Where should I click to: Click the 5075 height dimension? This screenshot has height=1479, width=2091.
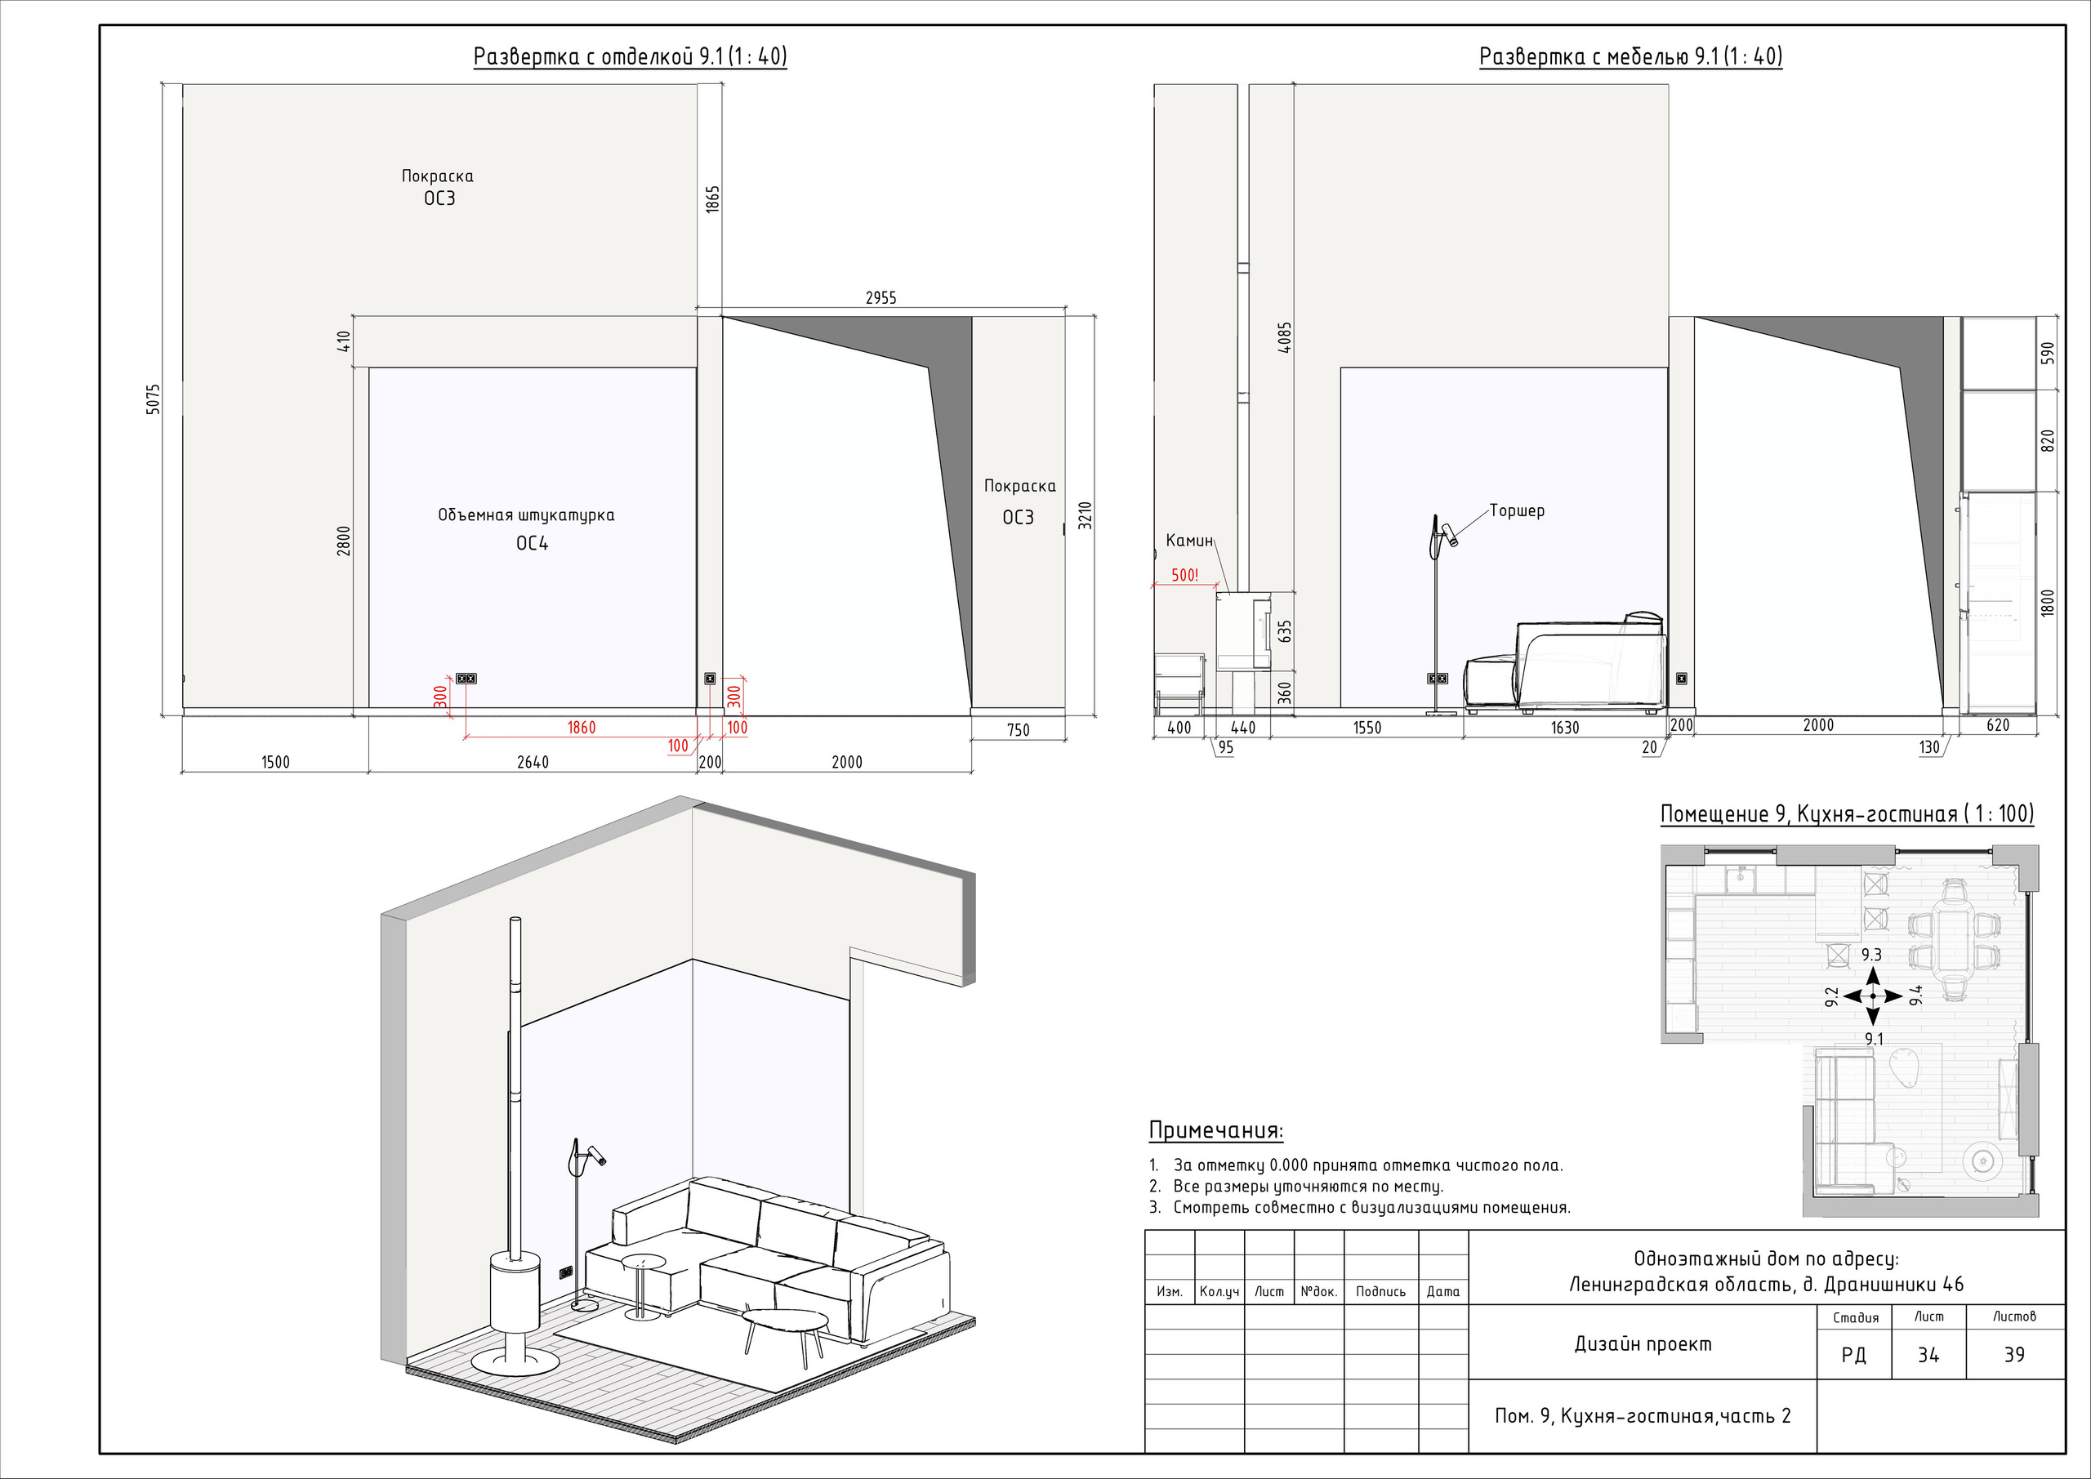click(153, 399)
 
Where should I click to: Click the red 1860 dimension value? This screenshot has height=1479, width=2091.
click(581, 727)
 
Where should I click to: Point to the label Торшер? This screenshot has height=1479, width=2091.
click(1518, 511)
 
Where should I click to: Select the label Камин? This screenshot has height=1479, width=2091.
click(1189, 541)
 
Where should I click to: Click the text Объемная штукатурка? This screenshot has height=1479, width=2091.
click(526, 515)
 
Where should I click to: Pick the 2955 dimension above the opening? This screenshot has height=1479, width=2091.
click(881, 298)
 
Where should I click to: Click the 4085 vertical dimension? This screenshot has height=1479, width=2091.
click(1285, 338)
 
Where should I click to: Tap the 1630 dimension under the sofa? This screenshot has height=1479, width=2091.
click(1565, 728)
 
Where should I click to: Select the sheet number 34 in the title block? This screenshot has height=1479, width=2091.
click(1928, 1355)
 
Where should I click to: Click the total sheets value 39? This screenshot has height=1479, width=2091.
click(2014, 1355)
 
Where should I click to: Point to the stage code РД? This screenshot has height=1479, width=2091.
click(1853, 1356)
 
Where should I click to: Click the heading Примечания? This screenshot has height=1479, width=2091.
click(1216, 1130)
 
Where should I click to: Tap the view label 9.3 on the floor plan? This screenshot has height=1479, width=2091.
click(1871, 956)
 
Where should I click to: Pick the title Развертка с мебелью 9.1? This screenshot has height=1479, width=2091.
click(1630, 56)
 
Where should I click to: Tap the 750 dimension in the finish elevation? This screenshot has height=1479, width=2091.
click(1019, 729)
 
